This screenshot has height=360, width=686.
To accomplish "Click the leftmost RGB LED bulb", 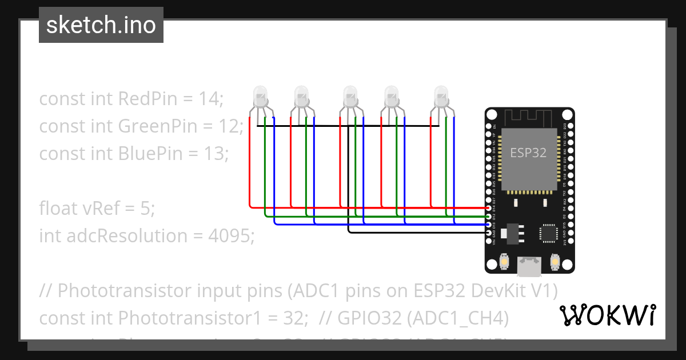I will click(260, 96).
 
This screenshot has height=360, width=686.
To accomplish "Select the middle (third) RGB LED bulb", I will click(350, 96).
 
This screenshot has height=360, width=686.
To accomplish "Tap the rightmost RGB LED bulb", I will click(441, 96).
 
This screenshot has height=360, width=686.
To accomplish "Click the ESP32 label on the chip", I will click(528, 153).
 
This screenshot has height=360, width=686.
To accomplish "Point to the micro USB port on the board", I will click(529, 265).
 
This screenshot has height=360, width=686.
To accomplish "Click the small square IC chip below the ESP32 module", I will click(548, 233).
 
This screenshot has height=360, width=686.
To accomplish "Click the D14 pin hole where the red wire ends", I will click(488, 208).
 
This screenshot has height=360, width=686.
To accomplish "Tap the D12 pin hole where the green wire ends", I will click(488, 217).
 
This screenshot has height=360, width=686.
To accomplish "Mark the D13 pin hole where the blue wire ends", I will click(488, 225).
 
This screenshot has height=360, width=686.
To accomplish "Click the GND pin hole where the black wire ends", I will click(488, 233).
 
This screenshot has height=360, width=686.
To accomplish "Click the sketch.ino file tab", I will click(101, 25).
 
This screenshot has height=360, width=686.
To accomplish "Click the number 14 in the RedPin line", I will click(210, 99).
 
